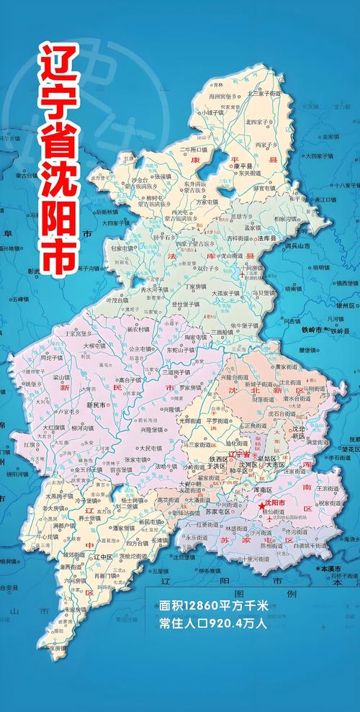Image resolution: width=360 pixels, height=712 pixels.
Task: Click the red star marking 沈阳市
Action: click(261, 507)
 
